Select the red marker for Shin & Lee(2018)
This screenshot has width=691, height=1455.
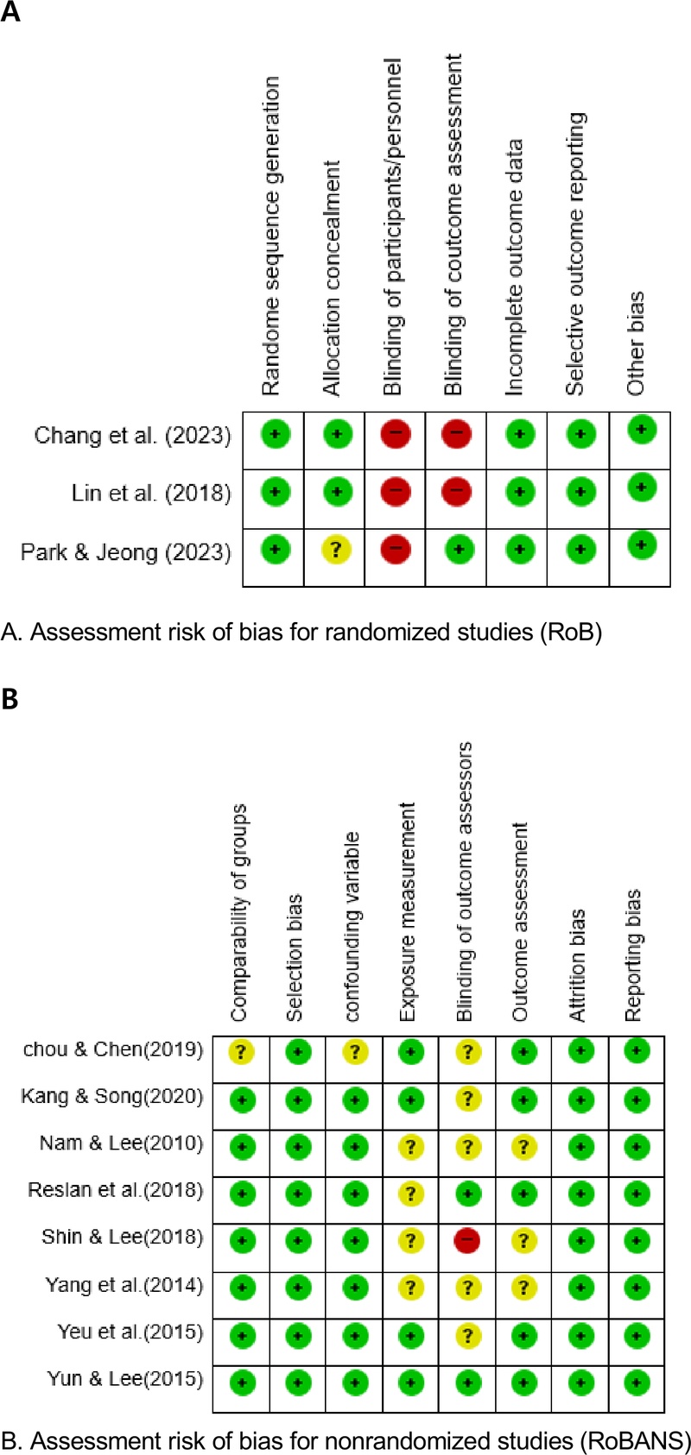tap(467, 1241)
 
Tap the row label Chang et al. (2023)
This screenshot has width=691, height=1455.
tap(132, 435)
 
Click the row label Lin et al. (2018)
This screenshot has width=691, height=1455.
tap(151, 494)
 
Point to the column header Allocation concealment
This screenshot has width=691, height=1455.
tap(333, 278)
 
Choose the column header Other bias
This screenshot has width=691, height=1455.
tap(637, 343)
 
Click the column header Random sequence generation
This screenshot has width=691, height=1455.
tap(271, 236)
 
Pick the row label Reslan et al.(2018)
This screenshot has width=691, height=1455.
tap(116, 1190)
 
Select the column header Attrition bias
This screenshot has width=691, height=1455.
tap(578, 965)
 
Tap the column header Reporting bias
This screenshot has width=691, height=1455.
tap(634, 955)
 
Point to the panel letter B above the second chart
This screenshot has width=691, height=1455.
tap(10, 699)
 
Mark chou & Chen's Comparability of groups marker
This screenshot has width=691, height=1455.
tap(241, 1052)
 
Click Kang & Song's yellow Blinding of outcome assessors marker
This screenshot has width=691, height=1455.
tap(467, 1099)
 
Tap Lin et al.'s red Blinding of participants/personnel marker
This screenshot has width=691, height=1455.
tap(395, 491)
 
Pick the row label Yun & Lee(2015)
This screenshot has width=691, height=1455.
tap(125, 1379)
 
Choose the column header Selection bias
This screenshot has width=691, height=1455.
tap(295, 957)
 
